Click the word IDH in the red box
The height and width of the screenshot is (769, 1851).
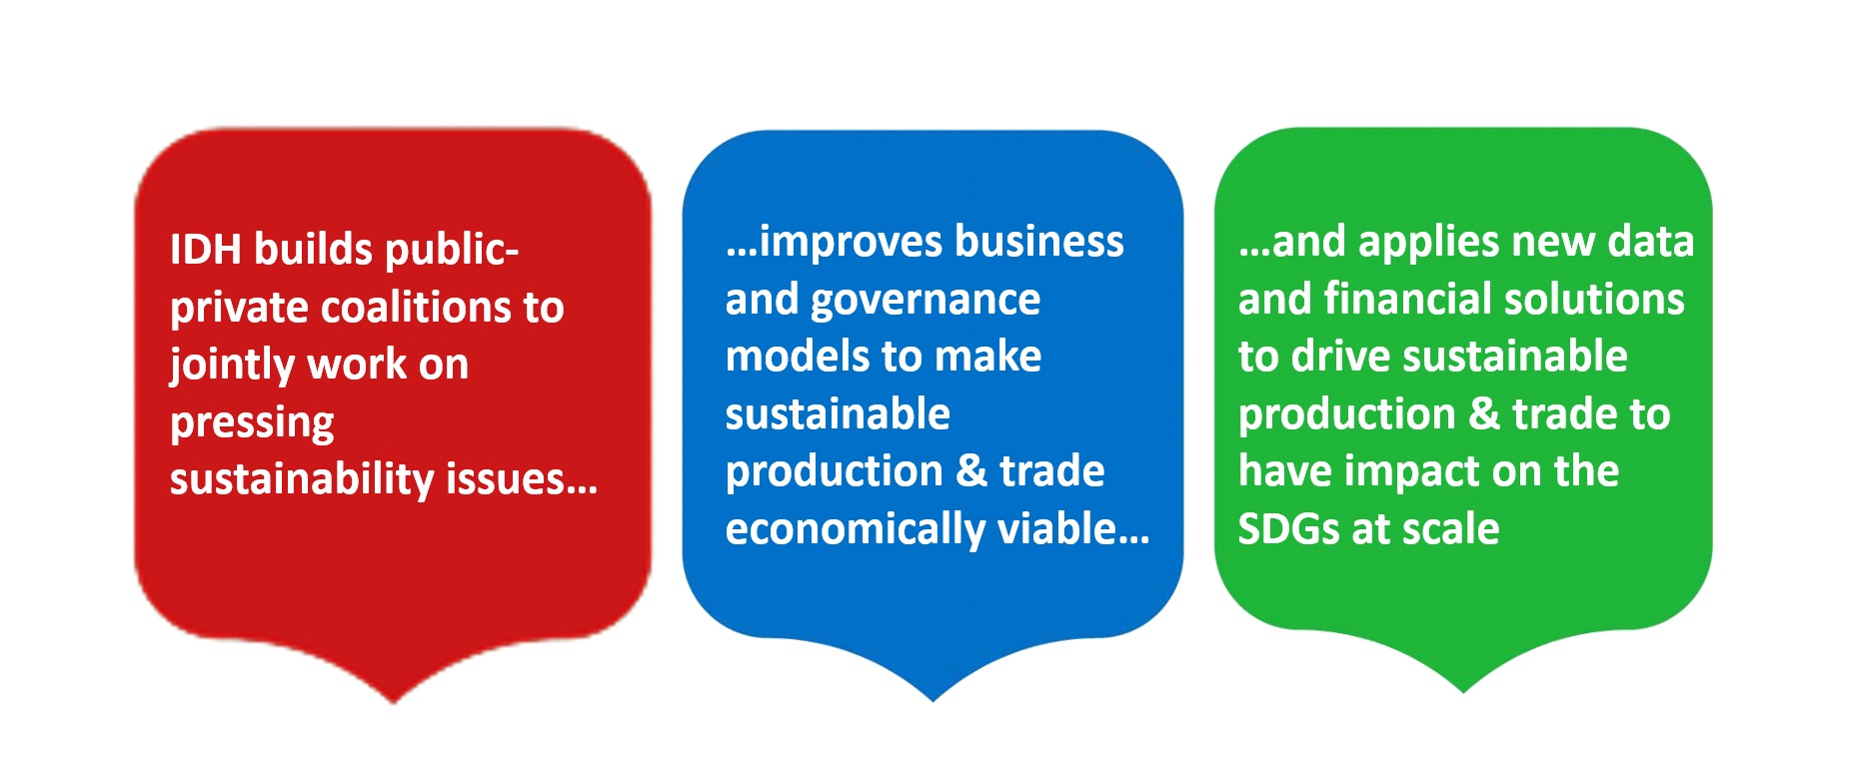205,250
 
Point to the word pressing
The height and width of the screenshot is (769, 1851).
252,423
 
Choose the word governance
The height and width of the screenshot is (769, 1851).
925,301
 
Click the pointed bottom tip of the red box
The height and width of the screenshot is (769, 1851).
394,703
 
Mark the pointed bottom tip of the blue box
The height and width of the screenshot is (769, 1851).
933,700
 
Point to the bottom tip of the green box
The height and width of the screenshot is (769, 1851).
1463,692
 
